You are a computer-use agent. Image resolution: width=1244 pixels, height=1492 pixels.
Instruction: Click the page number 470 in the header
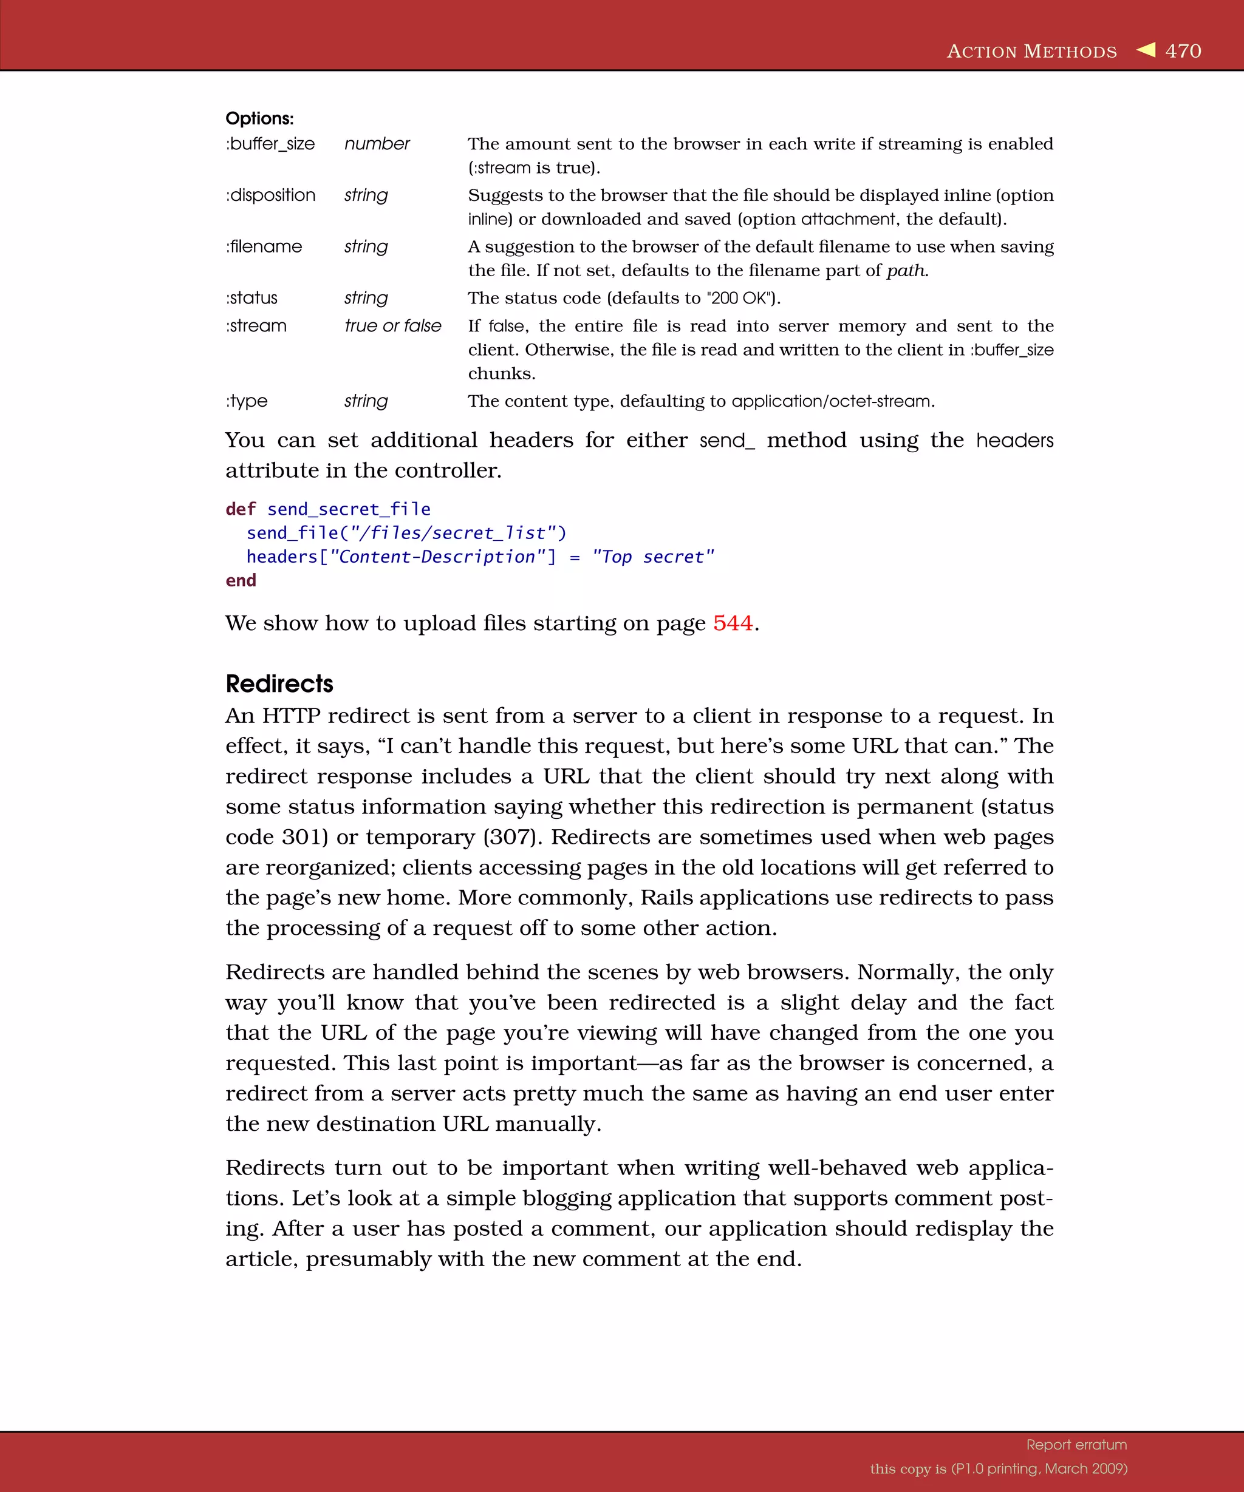pyautogui.click(x=1183, y=51)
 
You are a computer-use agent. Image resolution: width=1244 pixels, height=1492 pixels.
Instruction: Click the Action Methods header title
pyautogui.click(x=1031, y=51)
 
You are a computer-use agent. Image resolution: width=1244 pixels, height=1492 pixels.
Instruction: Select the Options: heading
pyautogui.click(x=259, y=118)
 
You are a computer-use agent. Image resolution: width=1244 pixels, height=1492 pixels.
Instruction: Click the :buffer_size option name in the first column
pyautogui.click(x=270, y=144)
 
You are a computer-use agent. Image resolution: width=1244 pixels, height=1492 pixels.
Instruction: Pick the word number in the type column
pyautogui.click(x=377, y=144)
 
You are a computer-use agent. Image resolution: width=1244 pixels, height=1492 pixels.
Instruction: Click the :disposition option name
pyautogui.click(x=270, y=195)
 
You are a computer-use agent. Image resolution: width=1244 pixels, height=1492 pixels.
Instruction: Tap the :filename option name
pyautogui.click(x=264, y=246)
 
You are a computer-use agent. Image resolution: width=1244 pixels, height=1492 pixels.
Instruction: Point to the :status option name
pyautogui.click(x=251, y=297)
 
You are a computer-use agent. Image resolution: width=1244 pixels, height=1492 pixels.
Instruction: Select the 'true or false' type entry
pyautogui.click(x=392, y=326)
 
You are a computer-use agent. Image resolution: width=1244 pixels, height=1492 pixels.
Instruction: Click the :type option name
pyautogui.click(x=247, y=401)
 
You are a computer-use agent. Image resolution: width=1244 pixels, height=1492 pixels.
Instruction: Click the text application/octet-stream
pyautogui.click(x=832, y=401)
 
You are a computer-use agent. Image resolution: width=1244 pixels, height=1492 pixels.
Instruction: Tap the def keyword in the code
pyautogui.click(x=241, y=509)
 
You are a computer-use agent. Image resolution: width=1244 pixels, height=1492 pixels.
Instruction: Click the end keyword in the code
pyautogui.click(x=241, y=580)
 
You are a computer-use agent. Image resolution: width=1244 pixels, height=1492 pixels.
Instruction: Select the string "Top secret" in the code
pyautogui.click(x=652, y=557)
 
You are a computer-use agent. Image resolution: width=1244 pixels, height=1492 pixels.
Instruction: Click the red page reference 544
pyautogui.click(x=732, y=623)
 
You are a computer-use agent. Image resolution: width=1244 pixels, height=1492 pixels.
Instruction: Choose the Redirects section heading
pyautogui.click(x=279, y=683)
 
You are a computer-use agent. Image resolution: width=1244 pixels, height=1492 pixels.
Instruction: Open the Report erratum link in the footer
pyautogui.click(x=1076, y=1445)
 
